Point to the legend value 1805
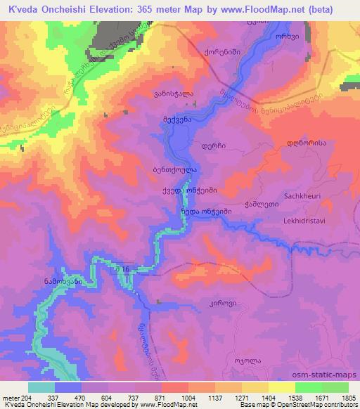(346, 396)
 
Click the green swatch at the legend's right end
(335, 387)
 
